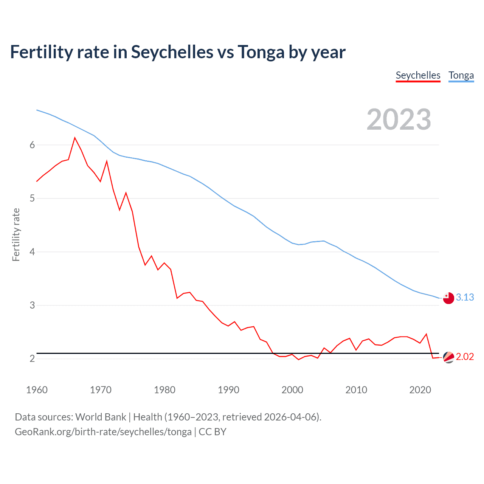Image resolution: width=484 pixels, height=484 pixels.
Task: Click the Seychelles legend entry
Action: click(x=418, y=75)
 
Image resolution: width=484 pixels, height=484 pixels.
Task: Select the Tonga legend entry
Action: click(x=461, y=75)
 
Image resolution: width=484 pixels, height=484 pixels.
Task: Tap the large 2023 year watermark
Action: click(x=399, y=119)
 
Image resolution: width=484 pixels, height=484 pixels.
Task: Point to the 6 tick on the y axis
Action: click(x=32, y=145)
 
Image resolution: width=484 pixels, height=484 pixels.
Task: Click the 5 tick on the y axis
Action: click(x=32, y=198)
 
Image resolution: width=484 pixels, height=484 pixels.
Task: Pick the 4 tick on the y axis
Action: click(x=32, y=252)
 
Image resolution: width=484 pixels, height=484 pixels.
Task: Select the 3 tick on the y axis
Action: click(x=32, y=305)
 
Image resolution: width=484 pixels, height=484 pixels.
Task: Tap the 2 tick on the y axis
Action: click(x=32, y=358)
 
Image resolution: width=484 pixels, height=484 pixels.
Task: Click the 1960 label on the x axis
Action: click(x=37, y=390)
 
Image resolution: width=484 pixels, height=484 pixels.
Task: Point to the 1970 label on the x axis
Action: click(x=101, y=390)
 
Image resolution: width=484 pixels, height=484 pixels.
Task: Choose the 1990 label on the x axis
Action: click(x=228, y=390)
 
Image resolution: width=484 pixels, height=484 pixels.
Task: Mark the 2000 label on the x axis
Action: click(x=292, y=390)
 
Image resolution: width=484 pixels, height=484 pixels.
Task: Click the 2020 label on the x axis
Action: click(x=420, y=390)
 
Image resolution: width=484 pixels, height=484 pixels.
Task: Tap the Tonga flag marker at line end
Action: click(x=448, y=298)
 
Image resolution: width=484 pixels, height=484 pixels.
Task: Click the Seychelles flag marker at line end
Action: click(x=448, y=357)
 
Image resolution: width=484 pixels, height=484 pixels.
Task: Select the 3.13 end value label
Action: click(x=465, y=298)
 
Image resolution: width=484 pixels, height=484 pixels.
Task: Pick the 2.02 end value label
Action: click(x=465, y=357)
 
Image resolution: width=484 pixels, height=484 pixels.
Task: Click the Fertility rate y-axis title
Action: click(x=16, y=234)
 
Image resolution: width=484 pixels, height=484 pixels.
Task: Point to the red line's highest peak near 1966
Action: click(x=75, y=138)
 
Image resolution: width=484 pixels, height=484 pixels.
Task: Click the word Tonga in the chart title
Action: click(x=261, y=52)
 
